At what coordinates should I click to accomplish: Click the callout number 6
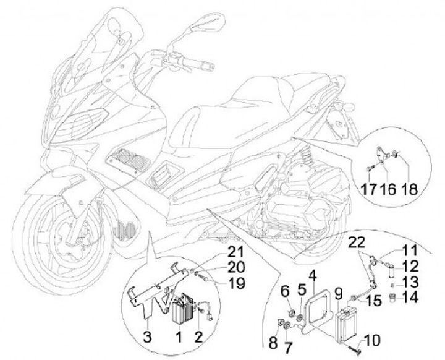coord(286,291)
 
